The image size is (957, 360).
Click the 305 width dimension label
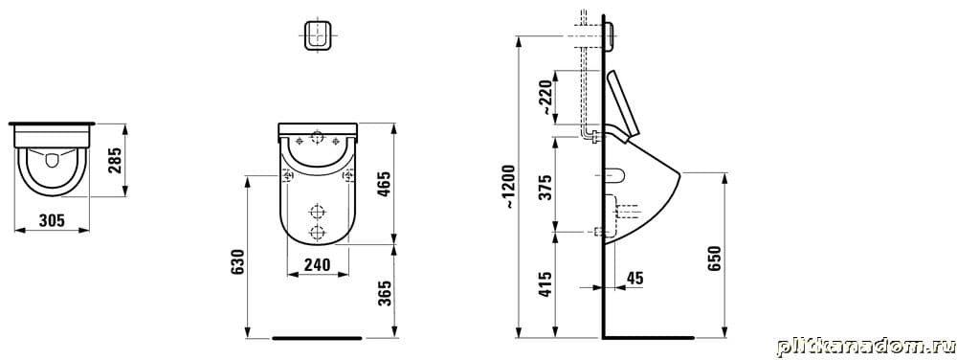pos(52,221)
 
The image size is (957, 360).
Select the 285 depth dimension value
pos(116,160)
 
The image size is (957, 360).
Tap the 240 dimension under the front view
pos(318,265)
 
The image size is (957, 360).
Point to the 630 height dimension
pos(238,261)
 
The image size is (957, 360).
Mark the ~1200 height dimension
pos(510,187)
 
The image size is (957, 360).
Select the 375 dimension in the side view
pos(546,188)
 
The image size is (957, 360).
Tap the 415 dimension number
pos(546,284)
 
